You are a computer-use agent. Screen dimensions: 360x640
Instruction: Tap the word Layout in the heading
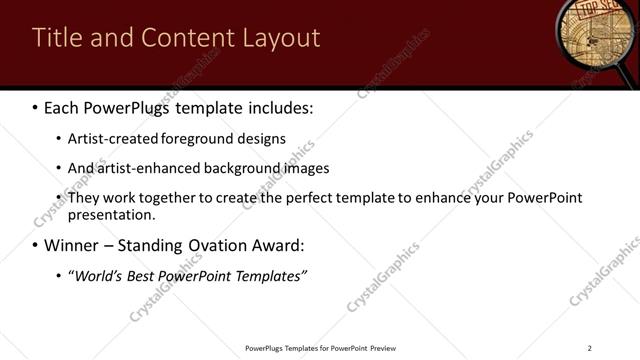tap(281, 38)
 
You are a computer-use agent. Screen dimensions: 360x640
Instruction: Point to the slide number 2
tap(589, 348)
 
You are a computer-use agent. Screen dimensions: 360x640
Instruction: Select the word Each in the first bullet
tap(62, 105)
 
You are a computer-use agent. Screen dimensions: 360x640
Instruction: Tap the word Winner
tap(73, 245)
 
